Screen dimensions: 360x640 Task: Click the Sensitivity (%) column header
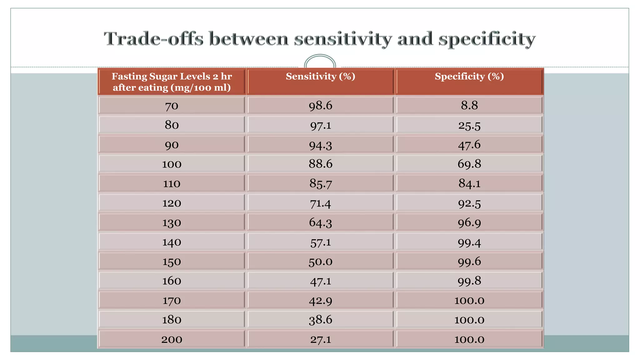click(320, 77)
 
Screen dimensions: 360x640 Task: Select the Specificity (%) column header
click(469, 77)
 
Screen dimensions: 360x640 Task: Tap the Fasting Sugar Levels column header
click(172, 82)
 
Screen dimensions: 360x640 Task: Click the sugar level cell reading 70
click(172, 106)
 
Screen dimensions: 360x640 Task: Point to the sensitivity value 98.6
click(320, 106)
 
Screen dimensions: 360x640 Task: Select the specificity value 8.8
click(469, 105)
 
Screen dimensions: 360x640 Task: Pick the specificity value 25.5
click(469, 125)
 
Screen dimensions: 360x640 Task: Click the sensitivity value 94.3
click(320, 145)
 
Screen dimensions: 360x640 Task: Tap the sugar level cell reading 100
click(172, 164)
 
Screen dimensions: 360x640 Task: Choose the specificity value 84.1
click(469, 183)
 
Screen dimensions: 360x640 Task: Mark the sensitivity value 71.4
click(320, 203)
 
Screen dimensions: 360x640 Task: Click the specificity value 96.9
click(469, 222)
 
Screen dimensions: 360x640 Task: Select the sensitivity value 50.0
click(320, 262)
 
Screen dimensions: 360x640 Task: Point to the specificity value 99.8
click(469, 281)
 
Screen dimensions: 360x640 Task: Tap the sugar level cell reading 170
click(172, 301)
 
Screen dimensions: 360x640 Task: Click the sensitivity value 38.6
click(320, 320)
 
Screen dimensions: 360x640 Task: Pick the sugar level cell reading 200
click(172, 339)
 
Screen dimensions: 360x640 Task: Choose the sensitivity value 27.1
click(320, 339)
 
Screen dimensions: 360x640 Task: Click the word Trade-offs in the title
click(153, 39)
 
